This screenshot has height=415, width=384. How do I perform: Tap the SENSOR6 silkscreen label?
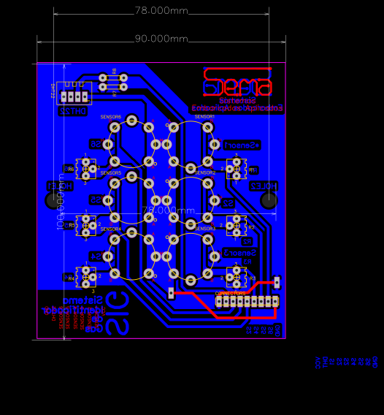111,117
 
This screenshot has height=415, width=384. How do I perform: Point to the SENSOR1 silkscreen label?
204,116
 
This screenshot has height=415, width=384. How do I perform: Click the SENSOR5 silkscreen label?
111,172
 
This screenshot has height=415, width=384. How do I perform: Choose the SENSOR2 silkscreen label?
205,172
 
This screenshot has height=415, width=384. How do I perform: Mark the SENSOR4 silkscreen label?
111,229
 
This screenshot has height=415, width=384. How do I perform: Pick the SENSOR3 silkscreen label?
205,229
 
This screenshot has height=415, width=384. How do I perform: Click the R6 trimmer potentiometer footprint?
87,169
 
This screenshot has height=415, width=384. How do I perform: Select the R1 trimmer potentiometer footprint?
236,169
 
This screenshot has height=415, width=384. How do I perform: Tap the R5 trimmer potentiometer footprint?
87,225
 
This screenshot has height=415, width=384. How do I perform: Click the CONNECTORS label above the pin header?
231,293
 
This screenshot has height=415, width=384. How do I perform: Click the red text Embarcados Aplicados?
237,108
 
